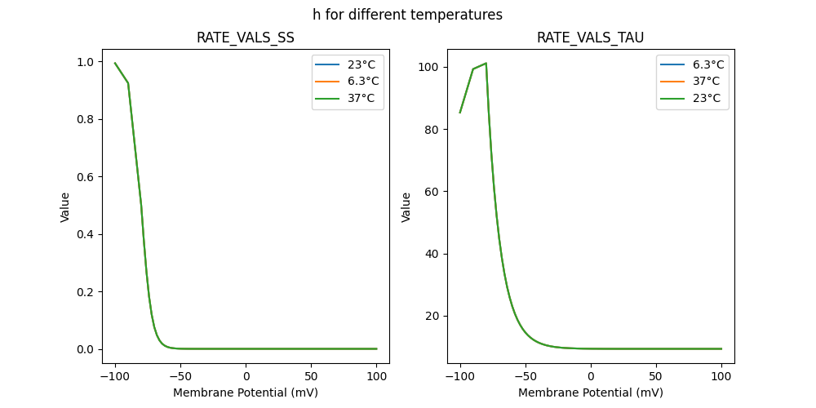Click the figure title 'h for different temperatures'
(x=407, y=15)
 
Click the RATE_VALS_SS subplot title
(x=246, y=38)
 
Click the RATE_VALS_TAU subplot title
(x=590, y=38)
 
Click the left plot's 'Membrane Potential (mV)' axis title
(x=246, y=392)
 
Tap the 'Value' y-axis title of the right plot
(x=406, y=207)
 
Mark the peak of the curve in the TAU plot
(x=486, y=63)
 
